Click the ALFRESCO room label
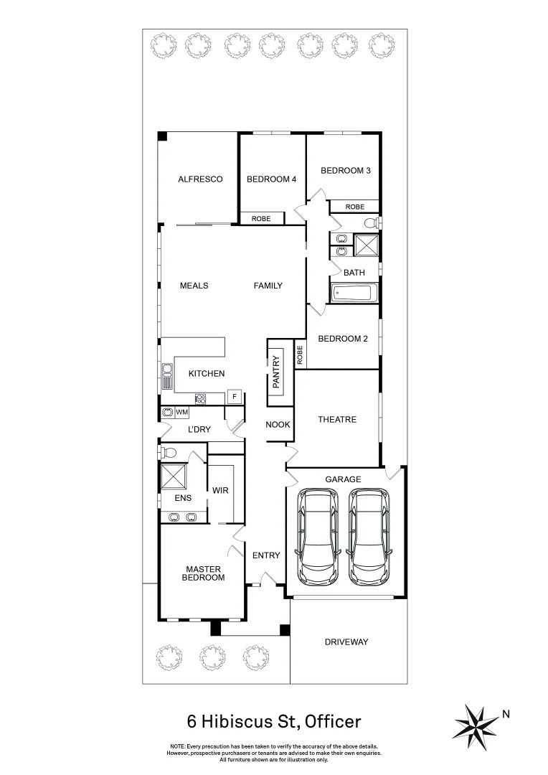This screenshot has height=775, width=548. [x=200, y=179]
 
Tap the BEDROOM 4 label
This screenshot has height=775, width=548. [x=271, y=179]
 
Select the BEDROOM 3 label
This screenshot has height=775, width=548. [x=345, y=171]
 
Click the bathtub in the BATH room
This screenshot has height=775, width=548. [x=354, y=293]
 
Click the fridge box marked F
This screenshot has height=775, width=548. [x=233, y=396]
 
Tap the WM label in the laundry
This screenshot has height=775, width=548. [x=181, y=413]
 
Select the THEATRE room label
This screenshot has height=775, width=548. [x=336, y=420]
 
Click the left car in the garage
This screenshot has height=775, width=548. [x=316, y=535]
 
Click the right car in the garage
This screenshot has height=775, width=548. [x=369, y=535]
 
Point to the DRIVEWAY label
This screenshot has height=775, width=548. [x=346, y=642]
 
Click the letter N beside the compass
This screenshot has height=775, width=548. [x=506, y=714]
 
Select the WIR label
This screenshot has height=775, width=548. [x=220, y=491]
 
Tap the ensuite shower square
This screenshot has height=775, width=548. [x=173, y=476]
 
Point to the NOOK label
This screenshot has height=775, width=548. [x=278, y=425]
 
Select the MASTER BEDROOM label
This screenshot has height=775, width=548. [x=203, y=573]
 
